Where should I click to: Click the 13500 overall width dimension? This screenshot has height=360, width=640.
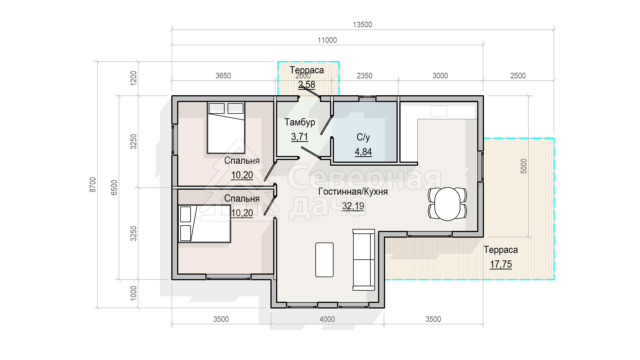[362, 25]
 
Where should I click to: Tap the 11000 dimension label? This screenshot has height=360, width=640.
[327, 40]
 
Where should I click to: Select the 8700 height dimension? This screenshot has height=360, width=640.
[93, 185]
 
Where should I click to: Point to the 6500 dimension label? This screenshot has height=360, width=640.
[114, 187]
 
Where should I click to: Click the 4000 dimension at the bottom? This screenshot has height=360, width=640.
[327, 319]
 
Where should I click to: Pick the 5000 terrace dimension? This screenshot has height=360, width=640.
[524, 166]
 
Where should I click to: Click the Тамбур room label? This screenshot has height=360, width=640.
[300, 122]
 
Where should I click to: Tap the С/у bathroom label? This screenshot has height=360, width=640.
[363, 137]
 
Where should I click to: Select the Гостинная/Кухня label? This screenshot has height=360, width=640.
[353, 192]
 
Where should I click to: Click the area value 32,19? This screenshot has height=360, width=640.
[353, 206]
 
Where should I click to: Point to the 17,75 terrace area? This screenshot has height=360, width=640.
[501, 264]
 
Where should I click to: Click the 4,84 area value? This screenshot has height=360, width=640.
[363, 152]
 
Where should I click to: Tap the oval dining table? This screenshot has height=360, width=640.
[447, 204]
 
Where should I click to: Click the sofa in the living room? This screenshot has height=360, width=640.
[364, 260]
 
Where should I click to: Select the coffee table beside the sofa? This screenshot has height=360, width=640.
[324, 260]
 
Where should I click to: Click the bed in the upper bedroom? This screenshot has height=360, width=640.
[226, 128]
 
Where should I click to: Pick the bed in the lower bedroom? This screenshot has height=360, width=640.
[204, 224]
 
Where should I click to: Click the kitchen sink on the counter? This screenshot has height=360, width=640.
[439, 111]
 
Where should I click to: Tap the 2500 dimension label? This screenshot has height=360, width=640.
[518, 76]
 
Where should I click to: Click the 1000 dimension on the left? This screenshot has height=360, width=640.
[133, 293]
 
